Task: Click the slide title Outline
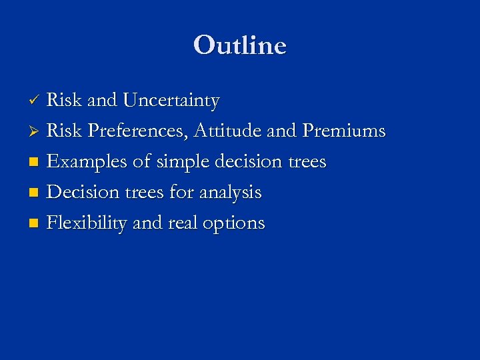pyautogui.click(x=240, y=45)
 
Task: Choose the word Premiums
pyautogui.click(x=344, y=131)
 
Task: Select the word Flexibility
pyautogui.click(x=87, y=223)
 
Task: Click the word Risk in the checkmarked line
pyautogui.click(x=64, y=101)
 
